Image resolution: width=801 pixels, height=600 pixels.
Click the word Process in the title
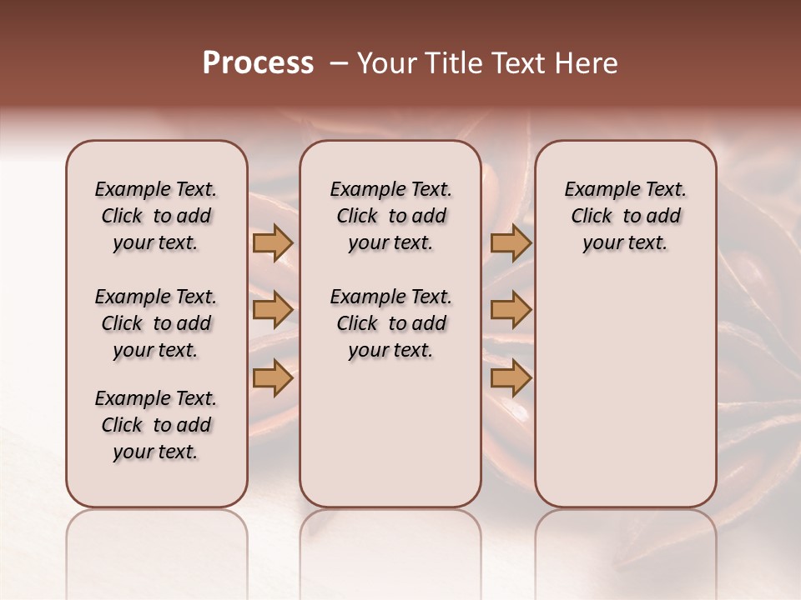click(x=258, y=63)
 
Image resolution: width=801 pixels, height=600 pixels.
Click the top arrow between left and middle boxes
click(x=273, y=243)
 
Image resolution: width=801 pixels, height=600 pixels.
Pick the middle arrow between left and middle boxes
click(x=273, y=311)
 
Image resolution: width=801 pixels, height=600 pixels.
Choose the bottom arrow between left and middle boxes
click(x=273, y=378)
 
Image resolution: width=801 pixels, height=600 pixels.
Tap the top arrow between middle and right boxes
click(x=511, y=243)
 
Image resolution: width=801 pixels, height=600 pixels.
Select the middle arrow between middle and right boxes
click(x=511, y=311)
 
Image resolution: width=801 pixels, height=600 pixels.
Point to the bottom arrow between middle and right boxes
click(x=511, y=378)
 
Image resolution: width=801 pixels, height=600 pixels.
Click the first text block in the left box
click(x=156, y=216)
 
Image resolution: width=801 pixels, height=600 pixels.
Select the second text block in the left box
click(x=156, y=323)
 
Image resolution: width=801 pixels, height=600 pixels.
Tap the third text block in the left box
click(x=156, y=425)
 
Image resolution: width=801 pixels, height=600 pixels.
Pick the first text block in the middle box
click(x=390, y=216)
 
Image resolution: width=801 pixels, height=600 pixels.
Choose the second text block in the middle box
click(x=390, y=323)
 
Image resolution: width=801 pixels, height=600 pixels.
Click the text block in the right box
click(x=625, y=216)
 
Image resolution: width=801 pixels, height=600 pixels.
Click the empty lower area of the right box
click(x=625, y=392)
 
